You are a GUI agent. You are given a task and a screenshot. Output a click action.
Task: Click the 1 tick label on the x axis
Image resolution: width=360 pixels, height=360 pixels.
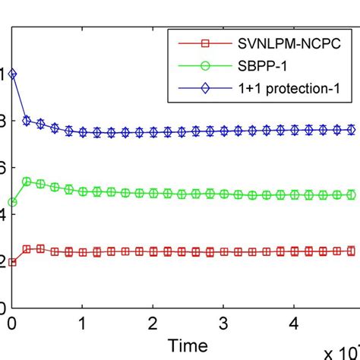(x=83, y=323)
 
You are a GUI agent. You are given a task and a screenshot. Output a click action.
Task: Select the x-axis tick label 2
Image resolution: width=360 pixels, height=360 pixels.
(x=153, y=323)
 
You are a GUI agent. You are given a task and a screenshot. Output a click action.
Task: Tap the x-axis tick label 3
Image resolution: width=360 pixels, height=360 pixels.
(x=223, y=323)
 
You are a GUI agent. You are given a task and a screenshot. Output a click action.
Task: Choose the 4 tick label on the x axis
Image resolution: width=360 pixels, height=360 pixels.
(x=294, y=323)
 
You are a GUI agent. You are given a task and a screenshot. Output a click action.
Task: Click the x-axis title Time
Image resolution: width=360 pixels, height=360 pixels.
(x=188, y=346)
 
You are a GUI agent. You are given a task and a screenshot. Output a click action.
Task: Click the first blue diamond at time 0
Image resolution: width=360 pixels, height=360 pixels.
(x=13, y=74)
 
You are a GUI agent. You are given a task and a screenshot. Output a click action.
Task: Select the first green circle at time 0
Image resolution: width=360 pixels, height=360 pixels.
(x=13, y=202)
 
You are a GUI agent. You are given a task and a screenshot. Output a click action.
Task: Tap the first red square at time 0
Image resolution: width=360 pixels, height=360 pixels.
(x=13, y=261)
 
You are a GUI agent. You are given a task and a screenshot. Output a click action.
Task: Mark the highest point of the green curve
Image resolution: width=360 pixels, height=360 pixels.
(x=27, y=182)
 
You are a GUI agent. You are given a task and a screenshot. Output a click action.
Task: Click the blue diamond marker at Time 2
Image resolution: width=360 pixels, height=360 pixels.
(x=153, y=132)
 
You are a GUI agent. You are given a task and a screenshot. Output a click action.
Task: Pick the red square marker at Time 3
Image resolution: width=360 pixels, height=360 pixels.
(x=223, y=251)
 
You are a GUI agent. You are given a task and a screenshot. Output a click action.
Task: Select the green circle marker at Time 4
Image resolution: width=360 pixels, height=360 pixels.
(x=294, y=195)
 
